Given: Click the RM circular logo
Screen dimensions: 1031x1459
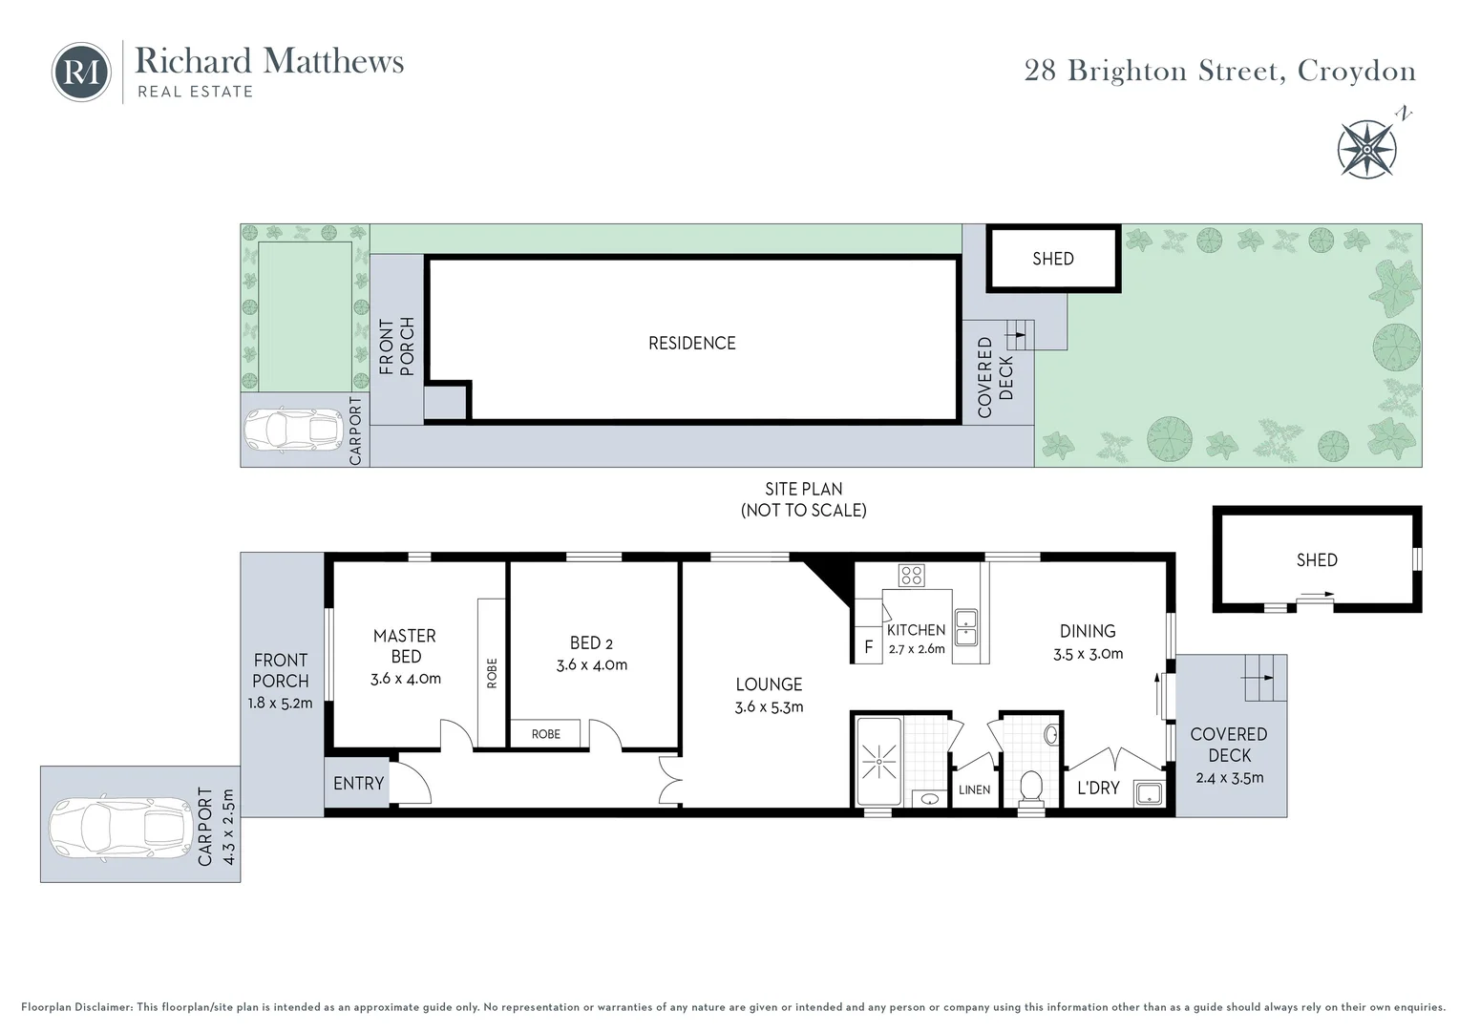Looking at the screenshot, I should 81,72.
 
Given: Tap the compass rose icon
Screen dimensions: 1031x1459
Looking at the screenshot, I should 1367,149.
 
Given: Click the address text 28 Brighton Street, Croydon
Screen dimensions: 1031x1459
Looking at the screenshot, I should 1219,72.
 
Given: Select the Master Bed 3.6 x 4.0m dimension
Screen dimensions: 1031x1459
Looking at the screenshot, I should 406,680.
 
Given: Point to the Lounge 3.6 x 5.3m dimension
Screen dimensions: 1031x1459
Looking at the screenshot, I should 769,707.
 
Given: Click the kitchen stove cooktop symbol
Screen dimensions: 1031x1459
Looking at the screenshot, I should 911,575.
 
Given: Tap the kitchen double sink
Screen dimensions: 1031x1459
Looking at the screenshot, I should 965,625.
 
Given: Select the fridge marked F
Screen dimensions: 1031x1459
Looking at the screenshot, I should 868,647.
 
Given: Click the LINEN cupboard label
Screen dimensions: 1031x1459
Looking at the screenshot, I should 974,790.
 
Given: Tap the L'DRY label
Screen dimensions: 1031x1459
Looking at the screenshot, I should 1098,789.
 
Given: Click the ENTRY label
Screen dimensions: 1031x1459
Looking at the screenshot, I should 358,784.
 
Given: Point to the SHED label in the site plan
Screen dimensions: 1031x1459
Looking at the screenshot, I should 1052,259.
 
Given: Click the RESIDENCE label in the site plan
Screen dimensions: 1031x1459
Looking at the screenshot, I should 691,343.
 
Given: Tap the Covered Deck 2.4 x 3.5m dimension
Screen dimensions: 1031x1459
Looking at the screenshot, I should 1229,778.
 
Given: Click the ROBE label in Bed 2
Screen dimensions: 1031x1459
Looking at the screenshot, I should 545,734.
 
